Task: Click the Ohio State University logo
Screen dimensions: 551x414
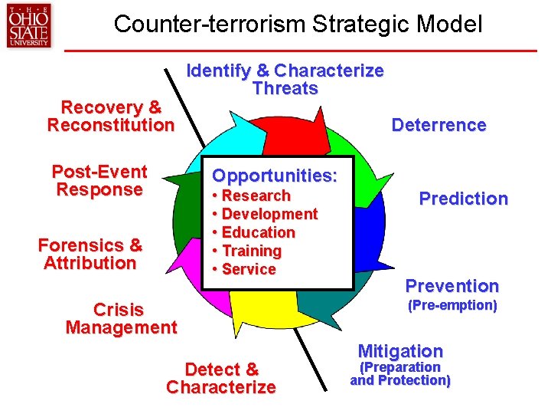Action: (x=28, y=26)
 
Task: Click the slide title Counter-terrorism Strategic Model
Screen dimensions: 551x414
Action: (x=298, y=24)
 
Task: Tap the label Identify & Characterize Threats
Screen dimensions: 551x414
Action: (x=285, y=80)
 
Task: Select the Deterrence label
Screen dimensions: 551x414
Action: (x=439, y=125)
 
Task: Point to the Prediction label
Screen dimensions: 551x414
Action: (x=463, y=199)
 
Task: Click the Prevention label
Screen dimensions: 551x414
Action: (x=452, y=286)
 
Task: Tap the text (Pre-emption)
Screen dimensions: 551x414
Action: (x=452, y=305)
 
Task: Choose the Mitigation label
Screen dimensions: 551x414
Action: (x=400, y=351)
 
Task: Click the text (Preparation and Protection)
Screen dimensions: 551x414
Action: (x=400, y=373)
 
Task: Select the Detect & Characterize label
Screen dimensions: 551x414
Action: (x=221, y=378)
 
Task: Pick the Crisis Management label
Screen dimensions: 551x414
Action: (x=121, y=319)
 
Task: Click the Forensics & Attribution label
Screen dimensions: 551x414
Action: (x=90, y=255)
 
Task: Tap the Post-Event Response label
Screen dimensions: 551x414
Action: (x=99, y=180)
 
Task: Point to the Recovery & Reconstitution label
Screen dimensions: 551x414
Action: (x=111, y=116)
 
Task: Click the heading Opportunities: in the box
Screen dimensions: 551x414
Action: (x=274, y=176)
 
